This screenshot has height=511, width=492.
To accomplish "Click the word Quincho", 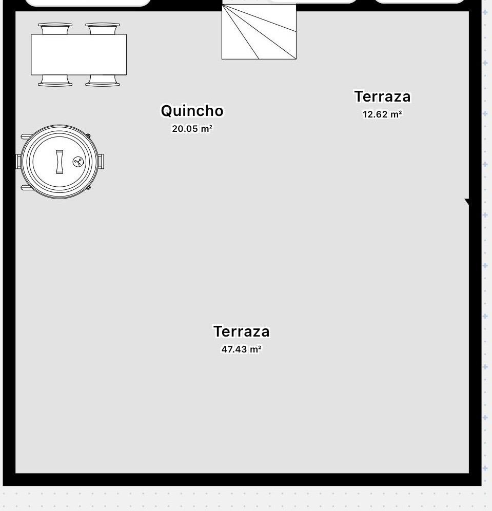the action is coord(192,110).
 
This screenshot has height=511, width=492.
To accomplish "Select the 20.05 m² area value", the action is coord(192,129).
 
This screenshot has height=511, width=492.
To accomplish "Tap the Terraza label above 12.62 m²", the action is coord(383,96).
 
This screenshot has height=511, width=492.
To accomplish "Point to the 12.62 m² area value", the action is coord(382,114).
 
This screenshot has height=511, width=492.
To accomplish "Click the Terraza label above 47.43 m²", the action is coord(242,331).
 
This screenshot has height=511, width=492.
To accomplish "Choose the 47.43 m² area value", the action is coord(242,349).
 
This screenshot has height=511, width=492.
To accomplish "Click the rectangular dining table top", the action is coord(79,54).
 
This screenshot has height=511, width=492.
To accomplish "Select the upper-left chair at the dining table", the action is coord(55,28).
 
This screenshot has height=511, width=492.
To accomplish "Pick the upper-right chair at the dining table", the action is coord(102,28).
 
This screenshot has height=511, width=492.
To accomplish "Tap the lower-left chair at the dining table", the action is coord(55,81).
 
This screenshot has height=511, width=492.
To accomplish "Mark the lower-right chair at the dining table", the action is coord(102,81).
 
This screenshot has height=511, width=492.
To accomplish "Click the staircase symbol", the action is coord(259,32).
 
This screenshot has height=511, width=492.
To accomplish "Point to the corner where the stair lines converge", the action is coord(223,5).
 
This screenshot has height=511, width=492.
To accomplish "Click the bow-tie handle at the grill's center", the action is coord(60,162).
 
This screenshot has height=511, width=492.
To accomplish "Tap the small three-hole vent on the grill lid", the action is coord(78,162).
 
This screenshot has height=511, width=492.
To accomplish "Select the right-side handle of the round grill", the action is coord(101,161).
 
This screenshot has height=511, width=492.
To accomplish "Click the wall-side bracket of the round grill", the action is coord(18,161).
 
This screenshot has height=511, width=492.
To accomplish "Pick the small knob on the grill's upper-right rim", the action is coord(88,135).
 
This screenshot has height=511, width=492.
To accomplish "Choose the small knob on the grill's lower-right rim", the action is coord(88,187).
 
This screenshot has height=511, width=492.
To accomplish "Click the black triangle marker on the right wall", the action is coord(467,202).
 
